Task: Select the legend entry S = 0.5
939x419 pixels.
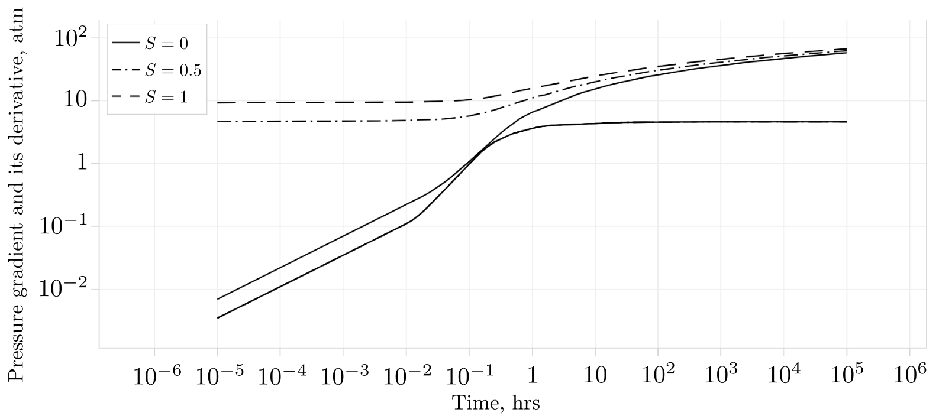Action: coord(173,70)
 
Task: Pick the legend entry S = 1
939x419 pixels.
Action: coord(166,98)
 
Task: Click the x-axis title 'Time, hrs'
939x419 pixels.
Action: coord(496,403)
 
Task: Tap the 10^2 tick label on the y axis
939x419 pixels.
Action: coord(71,38)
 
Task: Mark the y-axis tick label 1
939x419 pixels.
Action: coord(81,164)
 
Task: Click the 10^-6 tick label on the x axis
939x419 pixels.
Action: coord(154,375)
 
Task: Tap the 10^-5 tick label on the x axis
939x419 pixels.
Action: coord(217,375)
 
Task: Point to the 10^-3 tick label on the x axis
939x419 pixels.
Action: coord(343,375)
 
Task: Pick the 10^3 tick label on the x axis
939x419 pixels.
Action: coord(721,375)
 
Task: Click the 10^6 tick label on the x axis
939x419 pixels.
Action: coord(909,375)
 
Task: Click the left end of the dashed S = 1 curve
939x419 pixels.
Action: coord(218,103)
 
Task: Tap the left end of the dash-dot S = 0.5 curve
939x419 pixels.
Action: coord(218,122)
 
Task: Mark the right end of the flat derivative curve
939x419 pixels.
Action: coord(847,122)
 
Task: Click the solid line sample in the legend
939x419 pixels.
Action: coord(125,43)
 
